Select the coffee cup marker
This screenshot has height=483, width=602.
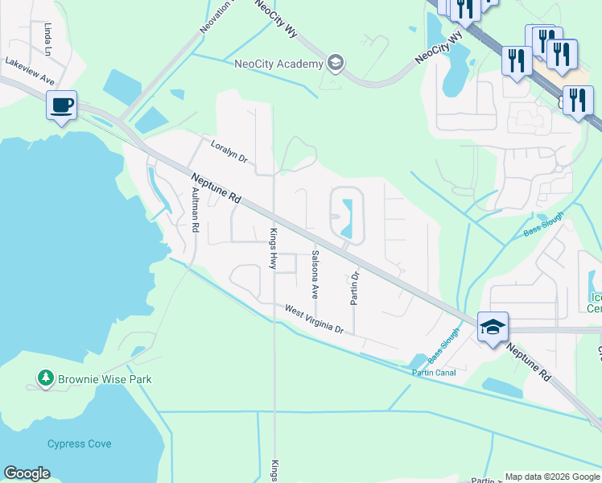click(x=62, y=105)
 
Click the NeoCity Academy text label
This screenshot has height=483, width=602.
click(x=278, y=64)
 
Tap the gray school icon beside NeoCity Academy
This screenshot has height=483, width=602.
click(x=336, y=64)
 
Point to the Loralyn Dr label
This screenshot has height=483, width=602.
click(x=231, y=153)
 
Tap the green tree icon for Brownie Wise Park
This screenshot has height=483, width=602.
click(x=45, y=378)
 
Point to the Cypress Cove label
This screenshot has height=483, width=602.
click(x=79, y=444)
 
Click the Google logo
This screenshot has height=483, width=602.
click(x=27, y=473)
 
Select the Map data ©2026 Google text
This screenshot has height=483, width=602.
click(x=551, y=477)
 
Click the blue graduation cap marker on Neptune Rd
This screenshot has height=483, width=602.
click(x=493, y=328)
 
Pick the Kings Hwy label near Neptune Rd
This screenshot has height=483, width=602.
click(x=272, y=248)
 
